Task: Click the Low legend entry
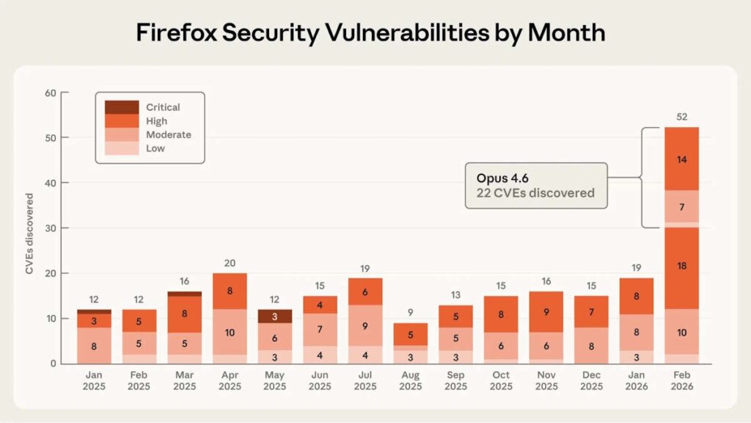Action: [155, 148]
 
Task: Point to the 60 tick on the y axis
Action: [50, 93]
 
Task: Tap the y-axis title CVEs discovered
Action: [29, 234]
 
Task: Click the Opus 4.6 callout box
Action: [536, 186]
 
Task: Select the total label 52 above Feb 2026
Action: [681, 117]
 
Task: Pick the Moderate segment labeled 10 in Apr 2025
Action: [229, 332]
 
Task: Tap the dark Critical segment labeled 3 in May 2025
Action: [274, 317]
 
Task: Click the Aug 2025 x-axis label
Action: [410, 380]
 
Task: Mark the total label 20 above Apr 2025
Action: [229, 263]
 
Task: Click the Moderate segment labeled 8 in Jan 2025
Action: [94, 345]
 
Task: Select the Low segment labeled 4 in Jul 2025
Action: [364, 355]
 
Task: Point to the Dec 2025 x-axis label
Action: [590, 380]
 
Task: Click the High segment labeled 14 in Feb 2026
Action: [681, 159]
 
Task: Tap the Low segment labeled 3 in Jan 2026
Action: [636, 357]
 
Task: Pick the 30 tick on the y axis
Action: [50, 228]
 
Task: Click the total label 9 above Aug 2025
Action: [410, 313]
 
